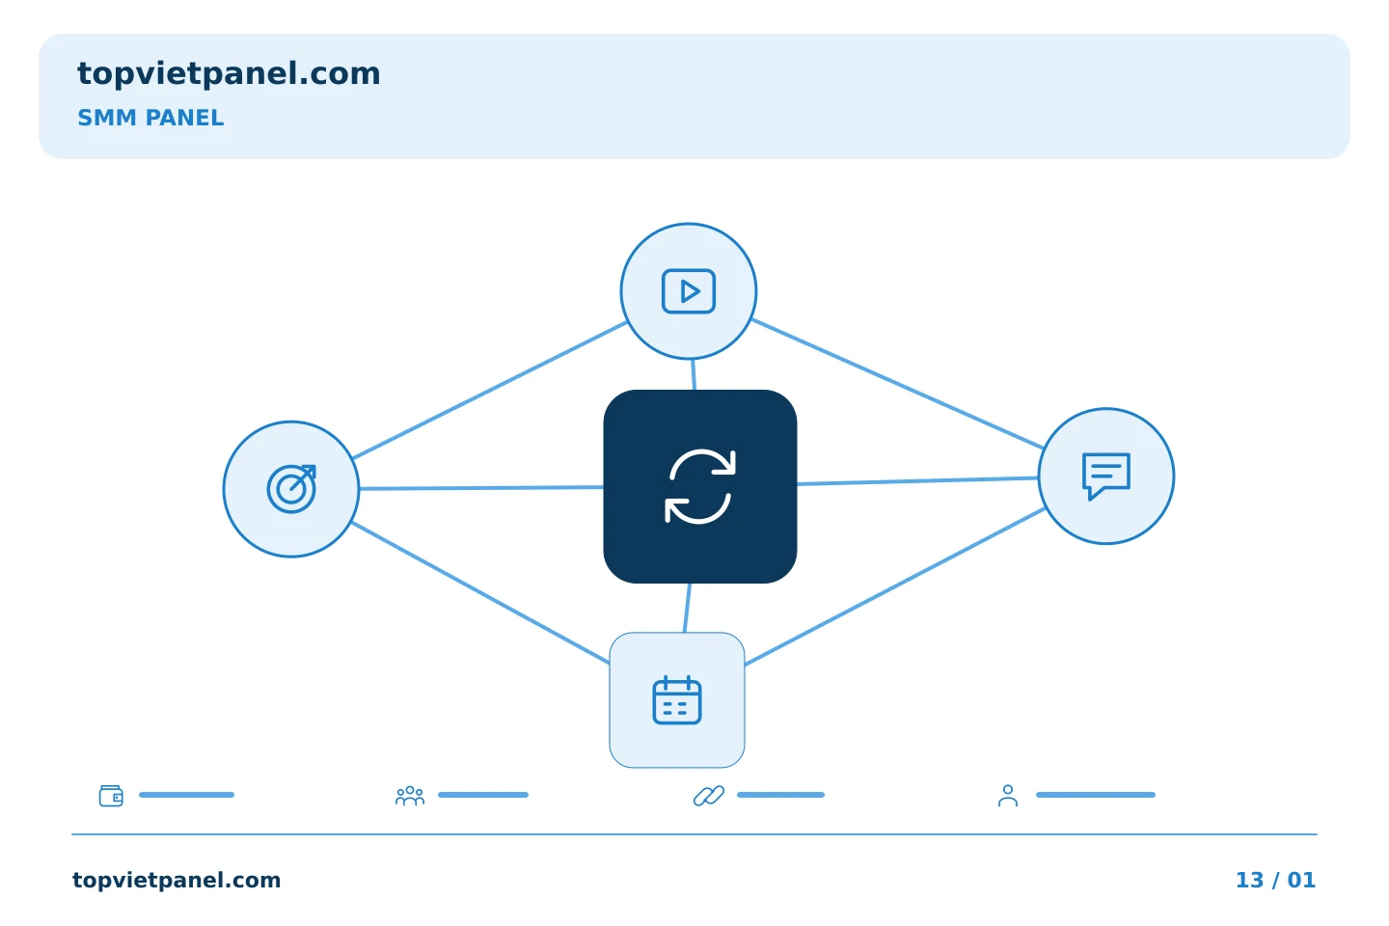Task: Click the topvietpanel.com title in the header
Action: point(229,74)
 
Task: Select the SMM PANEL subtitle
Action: point(150,118)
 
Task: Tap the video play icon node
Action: point(689,291)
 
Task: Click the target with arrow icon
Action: point(291,489)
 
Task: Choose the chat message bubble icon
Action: point(1106,477)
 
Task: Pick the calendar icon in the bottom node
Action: point(677,700)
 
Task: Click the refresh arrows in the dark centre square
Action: point(700,486)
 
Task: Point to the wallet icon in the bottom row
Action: point(111,796)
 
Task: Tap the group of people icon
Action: point(410,796)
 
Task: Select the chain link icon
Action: point(709,796)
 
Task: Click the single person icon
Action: point(1008,796)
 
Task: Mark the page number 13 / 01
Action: point(1275,880)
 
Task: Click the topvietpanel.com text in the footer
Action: point(177,880)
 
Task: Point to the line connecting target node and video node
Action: point(489,390)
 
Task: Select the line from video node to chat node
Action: point(897,383)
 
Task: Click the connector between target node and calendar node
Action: point(480,593)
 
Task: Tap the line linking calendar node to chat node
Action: point(895,586)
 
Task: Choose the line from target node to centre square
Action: point(481,488)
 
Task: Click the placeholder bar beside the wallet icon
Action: point(187,795)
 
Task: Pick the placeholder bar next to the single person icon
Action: point(1096,795)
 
